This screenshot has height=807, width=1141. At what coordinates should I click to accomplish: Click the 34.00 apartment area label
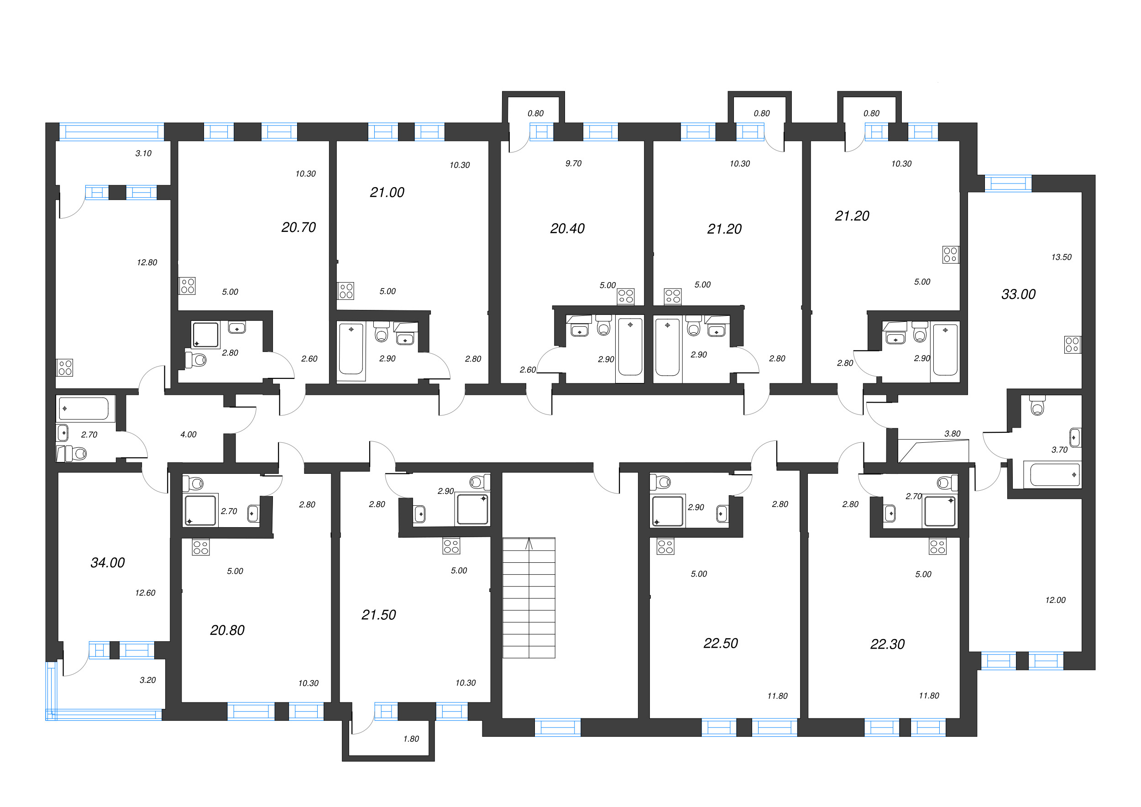pyautogui.click(x=107, y=562)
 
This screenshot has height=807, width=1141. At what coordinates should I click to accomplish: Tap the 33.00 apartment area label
pyautogui.click(x=1018, y=294)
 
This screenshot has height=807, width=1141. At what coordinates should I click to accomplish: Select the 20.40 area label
pyautogui.click(x=567, y=229)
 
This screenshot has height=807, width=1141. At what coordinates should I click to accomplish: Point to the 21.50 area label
pyautogui.click(x=379, y=615)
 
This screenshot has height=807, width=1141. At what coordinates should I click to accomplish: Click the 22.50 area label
pyautogui.click(x=721, y=643)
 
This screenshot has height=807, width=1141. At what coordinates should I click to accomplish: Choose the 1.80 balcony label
pyautogui.click(x=411, y=739)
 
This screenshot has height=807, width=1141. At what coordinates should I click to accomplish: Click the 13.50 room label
pyautogui.click(x=1061, y=257)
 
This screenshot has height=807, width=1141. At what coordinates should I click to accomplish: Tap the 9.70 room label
pyautogui.click(x=573, y=163)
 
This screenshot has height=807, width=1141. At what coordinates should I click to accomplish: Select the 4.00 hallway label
pyautogui.click(x=188, y=434)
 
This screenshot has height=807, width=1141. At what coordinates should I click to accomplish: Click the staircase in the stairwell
pyautogui.click(x=529, y=598)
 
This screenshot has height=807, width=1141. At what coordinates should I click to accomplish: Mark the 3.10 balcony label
pyautogui.click(x=143, y=153)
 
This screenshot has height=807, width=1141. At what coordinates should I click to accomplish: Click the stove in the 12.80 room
pyautogui.click(x=65, y=368)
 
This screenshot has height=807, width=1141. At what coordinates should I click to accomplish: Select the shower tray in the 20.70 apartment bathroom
pyautogui.click(x=206, y=335)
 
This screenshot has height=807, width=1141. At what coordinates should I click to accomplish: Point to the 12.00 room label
pyautogui.click(x=1055, y=600)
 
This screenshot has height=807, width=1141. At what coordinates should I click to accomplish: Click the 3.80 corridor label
pyautogui.click(x=952, y=434)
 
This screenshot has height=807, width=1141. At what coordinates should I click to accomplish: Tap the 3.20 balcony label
pyautogui.click(x=147, y=680)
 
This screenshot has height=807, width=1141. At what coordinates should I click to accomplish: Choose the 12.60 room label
pyautogui.click(x=145, y=593)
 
